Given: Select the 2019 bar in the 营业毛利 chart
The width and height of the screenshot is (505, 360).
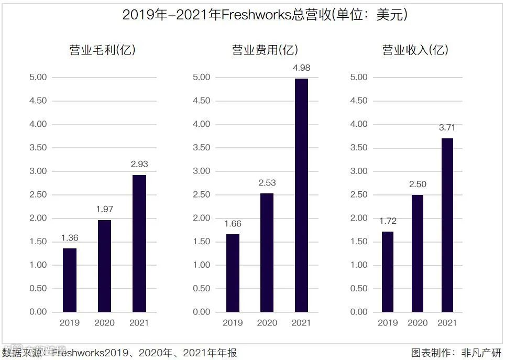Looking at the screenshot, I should point(70,280).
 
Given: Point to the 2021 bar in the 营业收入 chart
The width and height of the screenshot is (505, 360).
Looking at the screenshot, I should point(447,225).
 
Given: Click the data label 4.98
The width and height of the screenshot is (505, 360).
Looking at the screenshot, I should point(301,68).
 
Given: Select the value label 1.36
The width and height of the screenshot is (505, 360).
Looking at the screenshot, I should point(69,238).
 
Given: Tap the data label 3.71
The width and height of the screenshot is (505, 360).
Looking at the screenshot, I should point(447,128).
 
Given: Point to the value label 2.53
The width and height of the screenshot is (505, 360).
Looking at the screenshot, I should point(267,183).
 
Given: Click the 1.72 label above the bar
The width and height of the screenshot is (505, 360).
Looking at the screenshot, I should point(388,221).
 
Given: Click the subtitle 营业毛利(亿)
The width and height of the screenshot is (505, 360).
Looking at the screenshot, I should point(103,50).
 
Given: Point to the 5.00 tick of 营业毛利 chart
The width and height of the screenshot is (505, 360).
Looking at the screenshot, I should point(38,78).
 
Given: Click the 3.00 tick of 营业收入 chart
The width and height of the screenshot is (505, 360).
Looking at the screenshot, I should point(359,171).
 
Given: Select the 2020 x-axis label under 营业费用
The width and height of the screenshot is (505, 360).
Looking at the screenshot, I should point(267,323).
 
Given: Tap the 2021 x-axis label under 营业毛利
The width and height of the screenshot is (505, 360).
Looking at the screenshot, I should point(139,323).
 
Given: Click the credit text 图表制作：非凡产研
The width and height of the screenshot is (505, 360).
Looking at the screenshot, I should point(456,353).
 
